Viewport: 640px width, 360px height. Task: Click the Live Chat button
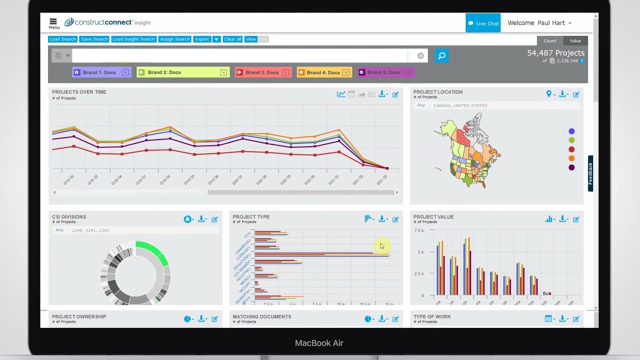[x=483, y=23]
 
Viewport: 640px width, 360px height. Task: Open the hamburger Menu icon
[x=53, y=22]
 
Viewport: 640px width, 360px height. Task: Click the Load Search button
[x=62, y=39]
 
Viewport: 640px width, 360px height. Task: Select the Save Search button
[x=94, y=39]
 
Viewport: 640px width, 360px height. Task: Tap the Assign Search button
[x=174, y=39]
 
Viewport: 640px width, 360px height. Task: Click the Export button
[x=202, y=39]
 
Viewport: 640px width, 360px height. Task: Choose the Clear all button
[x=232, y=39]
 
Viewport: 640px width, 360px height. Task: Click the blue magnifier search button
[x=441, y=55]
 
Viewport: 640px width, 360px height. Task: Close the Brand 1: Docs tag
[x=125, y=72]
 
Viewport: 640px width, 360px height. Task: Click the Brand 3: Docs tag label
[x=262, y=72]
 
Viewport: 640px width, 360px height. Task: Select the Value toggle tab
[x=575, y=40]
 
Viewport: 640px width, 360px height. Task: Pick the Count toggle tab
[x=550, y=40]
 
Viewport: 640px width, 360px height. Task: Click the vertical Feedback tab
[x=590, y=173]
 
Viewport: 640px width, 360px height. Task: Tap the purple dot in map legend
[x=571, y=167]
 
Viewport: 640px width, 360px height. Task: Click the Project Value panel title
[x=433, y=217]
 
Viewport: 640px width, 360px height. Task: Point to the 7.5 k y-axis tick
[x=419, y=230]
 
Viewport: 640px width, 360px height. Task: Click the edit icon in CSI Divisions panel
[x=214, y=219]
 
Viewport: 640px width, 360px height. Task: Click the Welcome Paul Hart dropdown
[x=539, y=23]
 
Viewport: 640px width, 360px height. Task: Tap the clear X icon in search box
[x=420, y=55]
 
